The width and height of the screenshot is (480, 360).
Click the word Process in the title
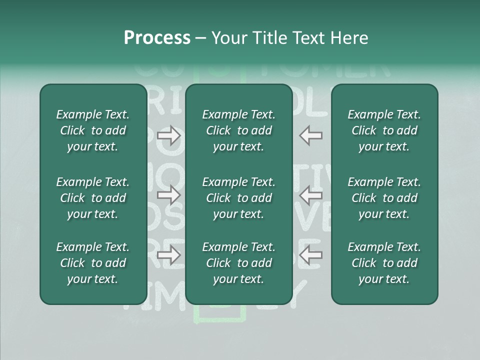(157, 38)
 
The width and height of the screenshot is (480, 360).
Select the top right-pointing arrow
(168, 135)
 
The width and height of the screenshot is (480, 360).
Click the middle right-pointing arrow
(168, 195)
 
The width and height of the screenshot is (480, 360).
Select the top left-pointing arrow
(311, 135)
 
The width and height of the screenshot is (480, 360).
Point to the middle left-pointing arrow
(311, 195)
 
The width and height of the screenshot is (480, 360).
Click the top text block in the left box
(93, 130)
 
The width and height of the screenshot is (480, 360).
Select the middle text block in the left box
(93, 198)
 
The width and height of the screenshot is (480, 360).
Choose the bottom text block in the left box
(93, 263)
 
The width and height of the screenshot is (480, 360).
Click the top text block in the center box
(239, 130)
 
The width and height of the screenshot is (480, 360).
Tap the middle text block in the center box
(239, 198)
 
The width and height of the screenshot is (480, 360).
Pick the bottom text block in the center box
(239, 263)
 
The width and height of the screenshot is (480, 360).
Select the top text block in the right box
(384, 130)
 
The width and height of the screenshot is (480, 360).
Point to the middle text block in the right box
(384, 198)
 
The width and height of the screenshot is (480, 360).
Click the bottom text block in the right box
(384, 263)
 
